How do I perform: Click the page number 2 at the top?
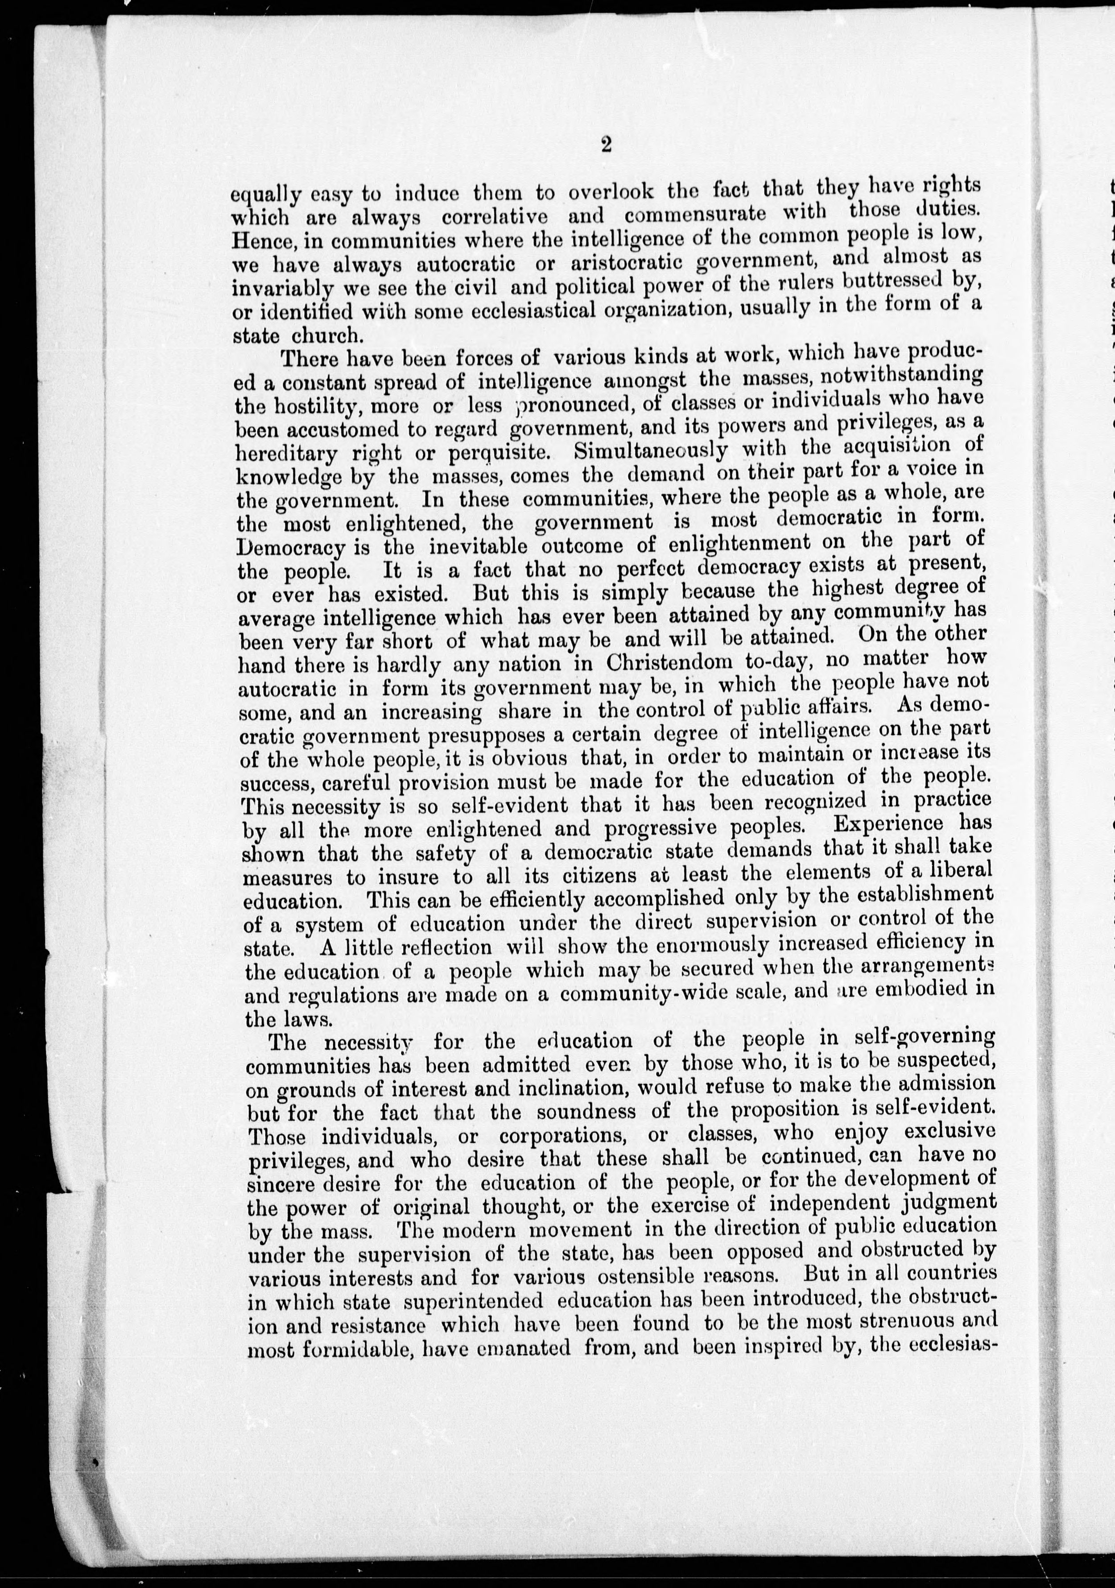(607, 144)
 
